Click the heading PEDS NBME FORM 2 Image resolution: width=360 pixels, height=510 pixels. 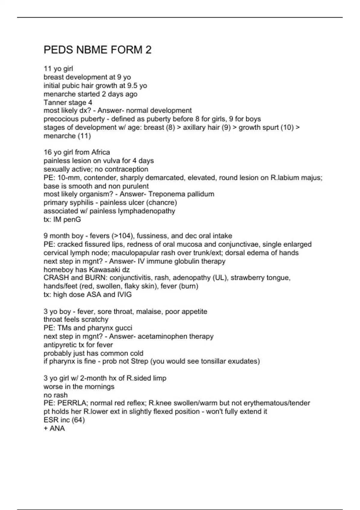pos(97,50)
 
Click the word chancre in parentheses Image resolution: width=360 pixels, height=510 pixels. pos(164,202)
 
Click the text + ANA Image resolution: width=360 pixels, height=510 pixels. pos(54,428)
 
